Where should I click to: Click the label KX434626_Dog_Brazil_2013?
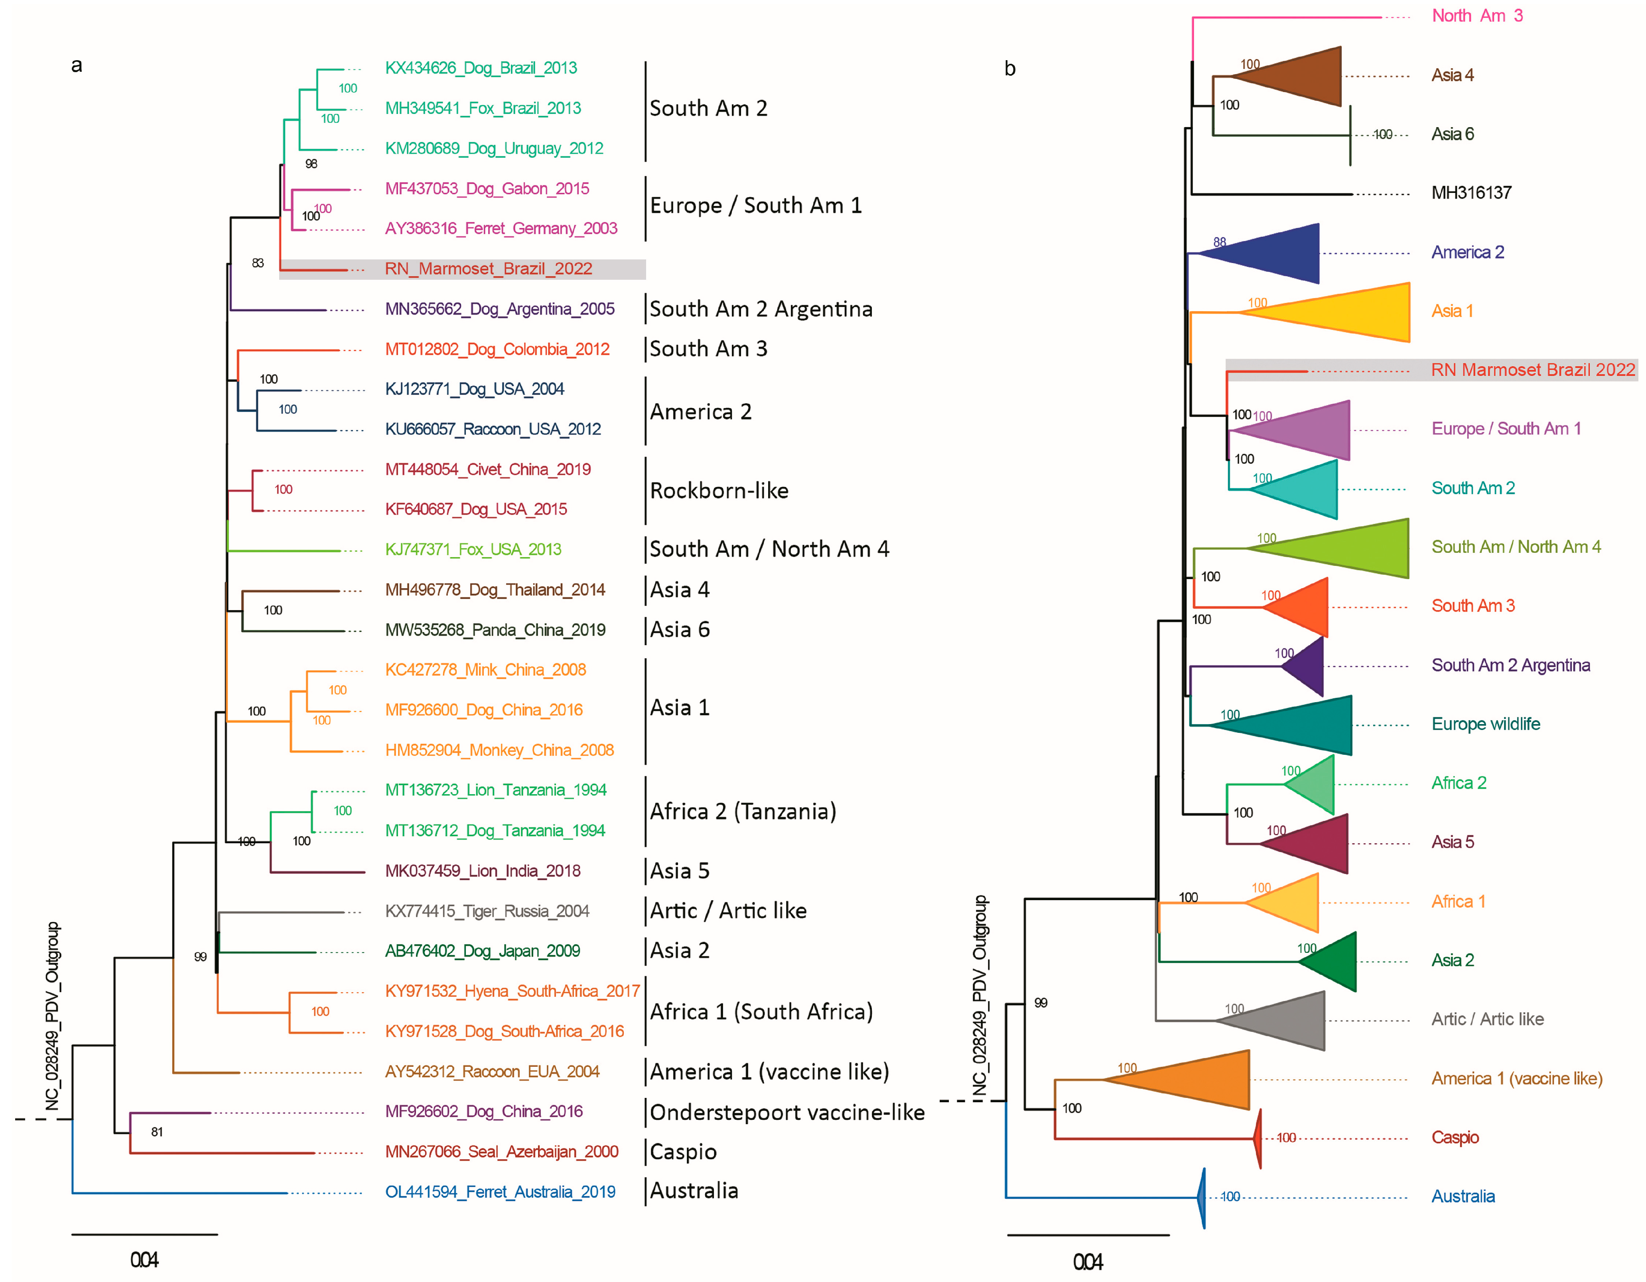click(x=481, y=68)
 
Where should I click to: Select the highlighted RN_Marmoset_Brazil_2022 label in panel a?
click(x=488, y=269)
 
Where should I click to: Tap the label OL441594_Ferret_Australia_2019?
click(x=500, y=1192)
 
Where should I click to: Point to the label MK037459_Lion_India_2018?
click(x=482, y=871)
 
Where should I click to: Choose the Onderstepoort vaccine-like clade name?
click(x=787, y=1113)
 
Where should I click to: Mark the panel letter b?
click(x=1010, y=69)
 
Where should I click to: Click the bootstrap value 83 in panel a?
click(x=258, y=263)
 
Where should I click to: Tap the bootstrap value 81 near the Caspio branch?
click(x=157, y=1131)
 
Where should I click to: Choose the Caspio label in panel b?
click(x=1455, y=1137)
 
